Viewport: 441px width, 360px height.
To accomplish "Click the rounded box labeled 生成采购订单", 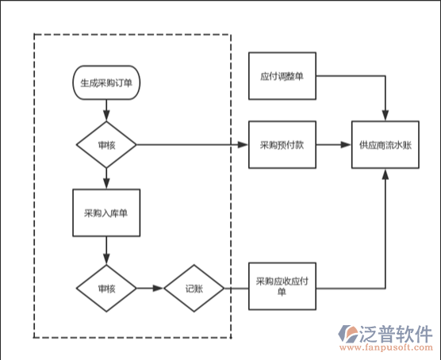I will pos(106,82).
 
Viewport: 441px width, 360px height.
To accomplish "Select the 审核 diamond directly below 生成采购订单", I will pos(106,145).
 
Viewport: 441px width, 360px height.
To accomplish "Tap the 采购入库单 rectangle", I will pos(106,213).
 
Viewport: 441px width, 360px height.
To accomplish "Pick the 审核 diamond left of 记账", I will pos(106,289).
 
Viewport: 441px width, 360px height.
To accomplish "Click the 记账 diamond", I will pos(194,289).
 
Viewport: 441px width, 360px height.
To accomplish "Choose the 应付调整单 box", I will pos(282,77).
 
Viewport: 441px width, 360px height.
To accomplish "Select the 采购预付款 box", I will pos(282,145).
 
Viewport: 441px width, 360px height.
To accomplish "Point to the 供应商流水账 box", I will pos(385,145).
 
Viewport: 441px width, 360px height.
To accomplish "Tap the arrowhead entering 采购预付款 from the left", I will pos(244,145).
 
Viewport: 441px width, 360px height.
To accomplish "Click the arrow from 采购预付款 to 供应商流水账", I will pos(333,145).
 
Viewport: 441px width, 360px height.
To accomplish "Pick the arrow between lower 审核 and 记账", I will pos(150,289).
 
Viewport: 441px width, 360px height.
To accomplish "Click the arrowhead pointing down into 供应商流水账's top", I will pos(385,117).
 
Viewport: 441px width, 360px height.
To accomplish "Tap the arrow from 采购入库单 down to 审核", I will pos(106,254).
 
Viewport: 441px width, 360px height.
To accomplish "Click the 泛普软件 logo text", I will pos(397,332).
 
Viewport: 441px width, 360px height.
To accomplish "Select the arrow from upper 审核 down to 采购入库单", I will pos(106,178).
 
